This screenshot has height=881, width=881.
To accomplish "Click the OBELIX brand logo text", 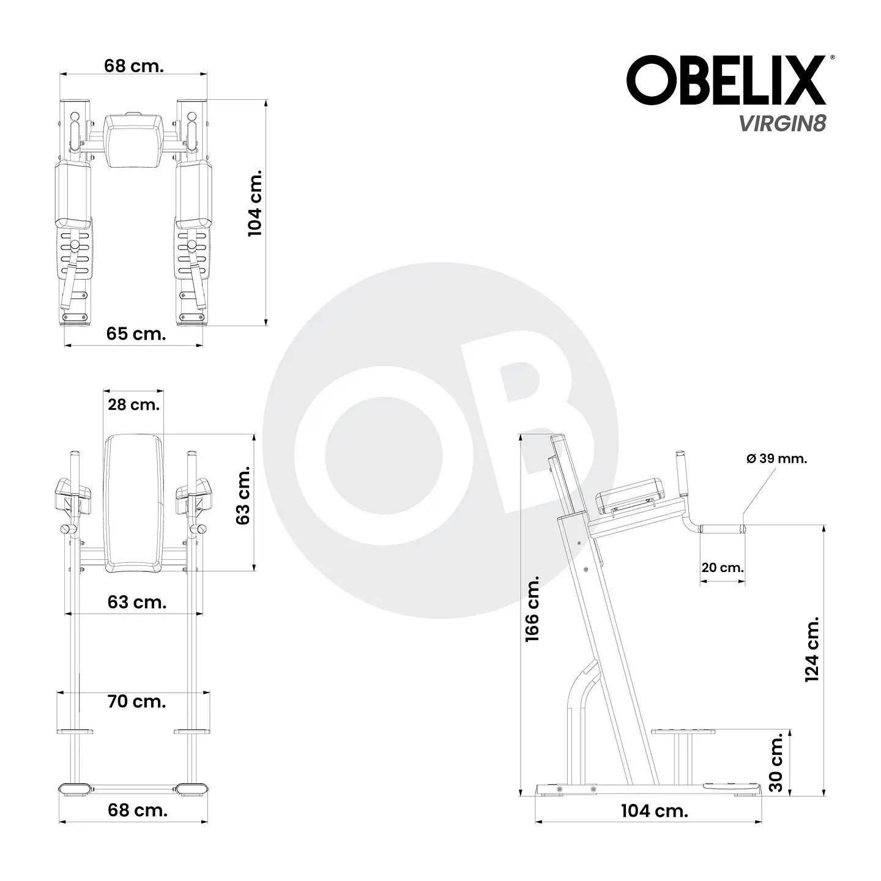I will pos(726,81).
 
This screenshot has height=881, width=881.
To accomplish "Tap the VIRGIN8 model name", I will pos(782,123).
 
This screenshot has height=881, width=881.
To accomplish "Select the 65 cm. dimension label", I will pos(135,334).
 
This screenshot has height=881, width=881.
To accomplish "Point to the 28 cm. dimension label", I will pos(133,404).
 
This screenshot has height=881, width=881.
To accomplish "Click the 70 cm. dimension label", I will pos(136,701).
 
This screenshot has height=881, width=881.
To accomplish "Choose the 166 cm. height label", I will pos(532,608).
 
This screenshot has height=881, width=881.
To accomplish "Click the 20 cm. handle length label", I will pos(723,568).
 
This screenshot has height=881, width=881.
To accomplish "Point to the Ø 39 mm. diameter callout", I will pos(776,459).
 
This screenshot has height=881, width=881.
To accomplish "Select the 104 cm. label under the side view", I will pos(654,811).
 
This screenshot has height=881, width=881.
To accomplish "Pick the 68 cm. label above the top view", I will pos(134,66).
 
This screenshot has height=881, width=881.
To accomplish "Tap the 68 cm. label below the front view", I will pos(137,810).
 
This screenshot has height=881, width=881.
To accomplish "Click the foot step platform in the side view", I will pos(683,731).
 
